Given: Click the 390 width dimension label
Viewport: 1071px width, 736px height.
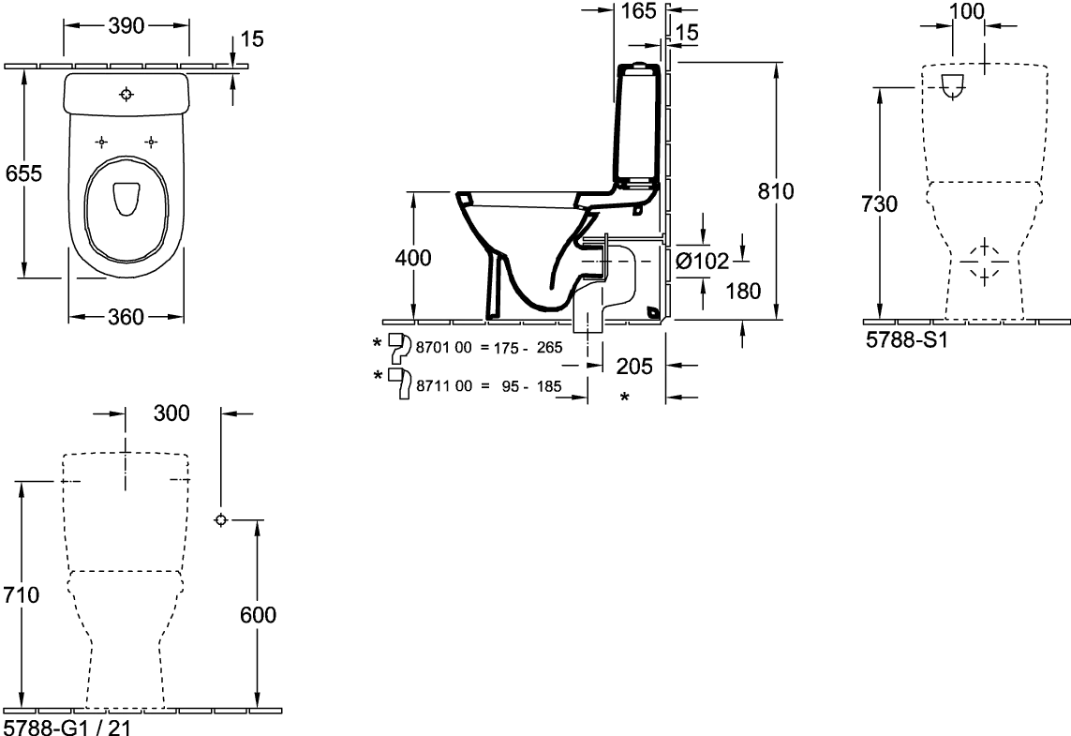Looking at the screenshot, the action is point(126,25).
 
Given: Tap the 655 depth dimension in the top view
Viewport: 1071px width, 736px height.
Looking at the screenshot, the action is point(24,173).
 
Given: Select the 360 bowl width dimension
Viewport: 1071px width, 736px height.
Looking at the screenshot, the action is point(126,317).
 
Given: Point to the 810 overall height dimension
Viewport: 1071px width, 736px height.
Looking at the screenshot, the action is point(776,191).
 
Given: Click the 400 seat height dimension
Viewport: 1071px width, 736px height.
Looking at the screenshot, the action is point(413,258).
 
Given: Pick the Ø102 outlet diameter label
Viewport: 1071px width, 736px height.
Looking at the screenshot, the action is point(703,261).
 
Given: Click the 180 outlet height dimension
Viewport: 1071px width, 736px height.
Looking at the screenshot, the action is point(743,292).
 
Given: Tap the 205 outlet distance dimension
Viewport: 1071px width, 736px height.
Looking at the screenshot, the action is point(634,367).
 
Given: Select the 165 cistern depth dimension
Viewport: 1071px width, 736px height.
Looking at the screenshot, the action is point(639,11).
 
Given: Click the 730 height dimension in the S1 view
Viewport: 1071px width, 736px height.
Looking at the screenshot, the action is point(879,203).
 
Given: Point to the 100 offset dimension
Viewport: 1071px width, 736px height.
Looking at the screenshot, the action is point(967,11).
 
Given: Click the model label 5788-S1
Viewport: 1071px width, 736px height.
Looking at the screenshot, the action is point(907,339).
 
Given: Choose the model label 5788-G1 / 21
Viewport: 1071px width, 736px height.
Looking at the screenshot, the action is point(67,728).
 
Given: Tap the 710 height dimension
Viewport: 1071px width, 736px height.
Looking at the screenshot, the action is point(22,594).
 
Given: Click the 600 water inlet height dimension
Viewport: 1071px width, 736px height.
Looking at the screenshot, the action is point(259,615).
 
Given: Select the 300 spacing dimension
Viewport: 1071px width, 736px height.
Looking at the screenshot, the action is point(171,413).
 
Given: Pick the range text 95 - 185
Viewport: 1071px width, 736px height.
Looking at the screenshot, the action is point(531,387).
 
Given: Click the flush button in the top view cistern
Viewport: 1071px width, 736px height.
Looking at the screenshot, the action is point(126,95).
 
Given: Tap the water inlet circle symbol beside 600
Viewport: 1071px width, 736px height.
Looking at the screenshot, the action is point(220,520).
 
